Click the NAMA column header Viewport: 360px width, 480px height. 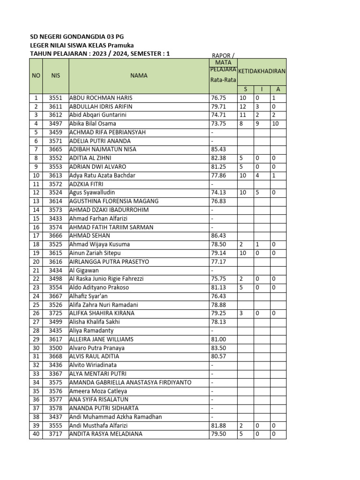point(139,75)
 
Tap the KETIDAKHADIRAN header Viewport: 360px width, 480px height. point(262,71)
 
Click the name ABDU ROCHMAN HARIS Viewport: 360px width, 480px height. point(101,98)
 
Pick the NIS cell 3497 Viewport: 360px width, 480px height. point(56,124)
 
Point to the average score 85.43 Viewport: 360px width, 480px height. point(218,150)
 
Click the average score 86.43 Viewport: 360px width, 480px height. point(218,236)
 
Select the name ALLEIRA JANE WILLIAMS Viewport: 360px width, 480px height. point(101,339)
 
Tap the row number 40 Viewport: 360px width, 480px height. point(36,434)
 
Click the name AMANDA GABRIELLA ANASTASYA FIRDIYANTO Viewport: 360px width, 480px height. point(130,382)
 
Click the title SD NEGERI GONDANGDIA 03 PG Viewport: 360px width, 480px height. point(77,37)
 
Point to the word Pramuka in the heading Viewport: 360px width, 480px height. point(121,45)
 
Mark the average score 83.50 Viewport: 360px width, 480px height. point(218,348)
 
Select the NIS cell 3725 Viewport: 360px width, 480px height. point(56,313)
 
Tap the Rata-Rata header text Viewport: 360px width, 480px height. point(223,80)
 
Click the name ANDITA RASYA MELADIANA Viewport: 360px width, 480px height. point(106,434)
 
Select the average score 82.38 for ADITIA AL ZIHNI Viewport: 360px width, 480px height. point(218,158)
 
